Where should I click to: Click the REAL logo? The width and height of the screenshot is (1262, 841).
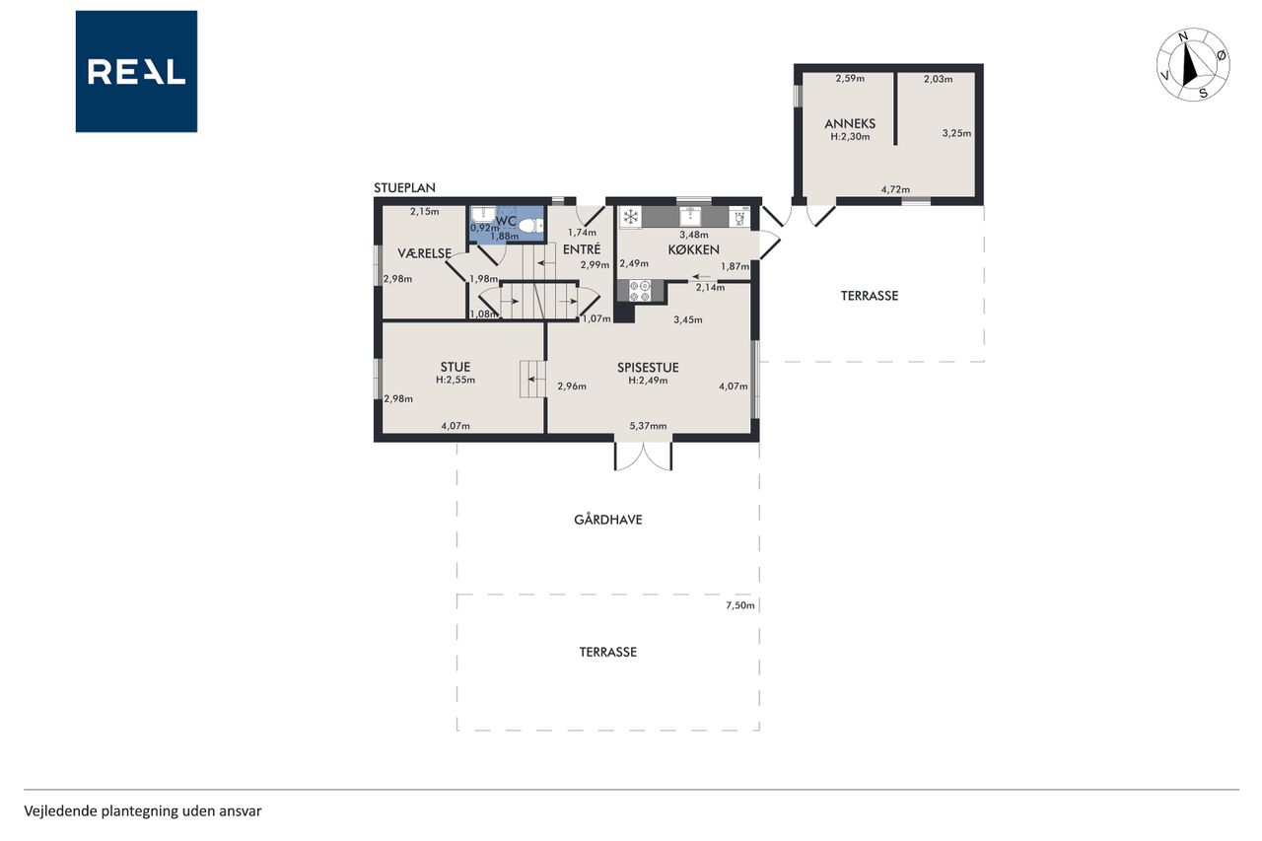coord(136,72)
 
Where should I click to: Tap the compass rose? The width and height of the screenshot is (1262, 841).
coord(1193,65)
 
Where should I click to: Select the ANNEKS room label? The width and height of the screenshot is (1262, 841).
coord(850,124)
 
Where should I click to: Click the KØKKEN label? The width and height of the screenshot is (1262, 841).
coord(693,249)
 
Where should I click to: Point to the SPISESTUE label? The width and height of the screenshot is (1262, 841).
coord(648,368)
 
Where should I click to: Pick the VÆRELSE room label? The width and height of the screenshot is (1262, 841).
coord(424,253)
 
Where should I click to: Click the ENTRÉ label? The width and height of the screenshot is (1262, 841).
coord(582,249)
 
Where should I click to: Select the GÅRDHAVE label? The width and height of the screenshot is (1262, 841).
coord(608,520)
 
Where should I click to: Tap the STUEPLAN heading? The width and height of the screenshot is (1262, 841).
coord(404,187)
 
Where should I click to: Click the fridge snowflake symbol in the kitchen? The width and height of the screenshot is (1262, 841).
coord(630,216)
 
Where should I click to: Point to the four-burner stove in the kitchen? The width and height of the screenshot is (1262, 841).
coord(640,291)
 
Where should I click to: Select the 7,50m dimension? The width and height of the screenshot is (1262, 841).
coord(739,605)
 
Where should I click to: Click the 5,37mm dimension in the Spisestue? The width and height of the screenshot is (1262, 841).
coord(648,426)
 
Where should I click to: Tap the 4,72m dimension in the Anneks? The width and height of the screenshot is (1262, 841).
coord(895,190)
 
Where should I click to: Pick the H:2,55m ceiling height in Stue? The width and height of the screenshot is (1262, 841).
coord(456,380)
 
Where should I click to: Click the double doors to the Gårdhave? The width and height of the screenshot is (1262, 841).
coord(643,456)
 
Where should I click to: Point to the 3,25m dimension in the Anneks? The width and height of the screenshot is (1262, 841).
coord(956,133)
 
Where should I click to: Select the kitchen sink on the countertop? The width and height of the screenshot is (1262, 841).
coord(690,216)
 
